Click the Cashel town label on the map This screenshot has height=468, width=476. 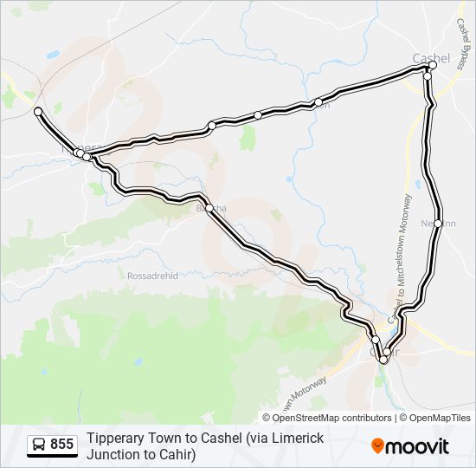(431, 58)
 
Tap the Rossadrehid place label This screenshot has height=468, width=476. (152, 275)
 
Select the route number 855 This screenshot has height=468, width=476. (61, 445)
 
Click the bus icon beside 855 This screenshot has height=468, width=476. (39, 445)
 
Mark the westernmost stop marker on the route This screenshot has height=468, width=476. (38, 111)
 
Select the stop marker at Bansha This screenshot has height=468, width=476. (209, 208)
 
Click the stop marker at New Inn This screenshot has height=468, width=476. (439, 224)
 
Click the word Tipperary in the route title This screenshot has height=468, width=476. (116, 439)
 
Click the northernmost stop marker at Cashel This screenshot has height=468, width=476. (433, 64)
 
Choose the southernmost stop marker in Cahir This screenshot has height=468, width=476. (383, 359)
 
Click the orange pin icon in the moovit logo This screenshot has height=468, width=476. (378, 446)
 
